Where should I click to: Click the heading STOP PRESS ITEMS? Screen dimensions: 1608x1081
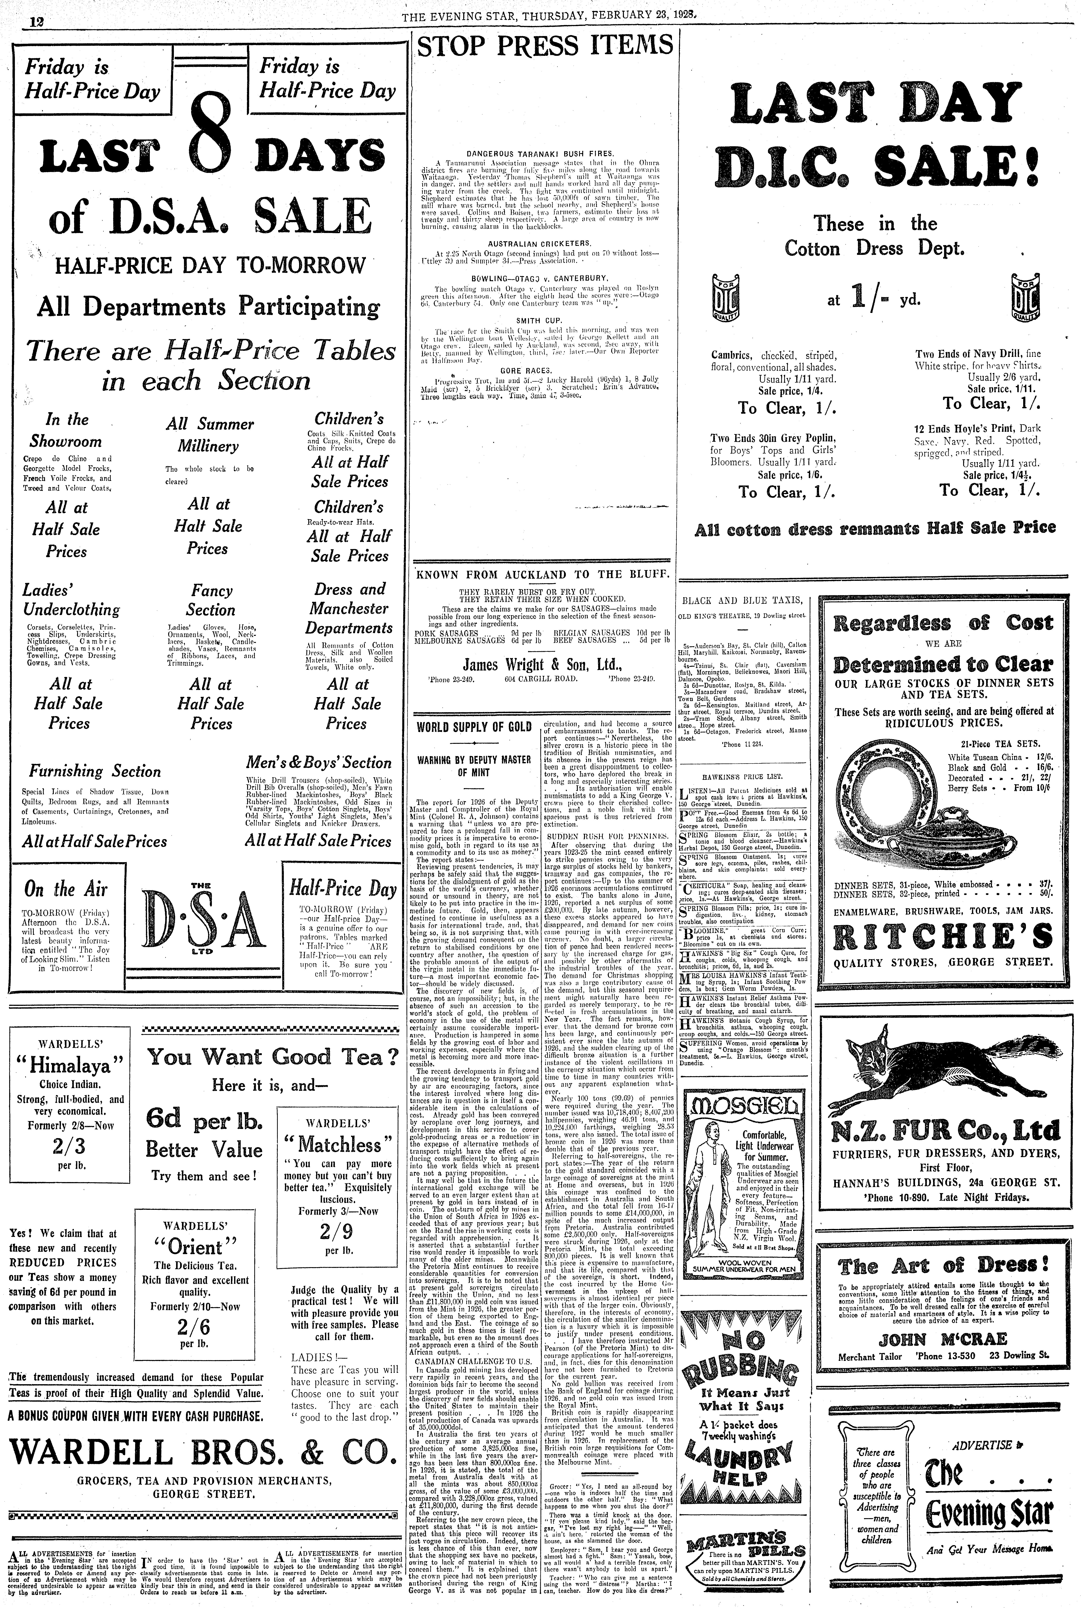545,46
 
